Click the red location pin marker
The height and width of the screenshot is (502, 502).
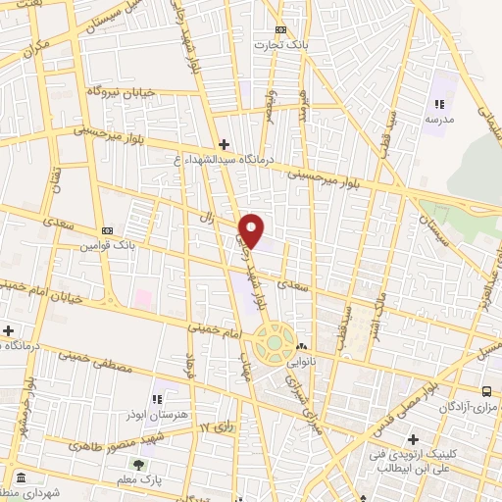pyautogui.click(x=252, y=229)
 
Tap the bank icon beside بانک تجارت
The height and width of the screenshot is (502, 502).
pyautogui.click(x=282, y=30)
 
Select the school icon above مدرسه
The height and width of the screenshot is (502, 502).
pyautogui.click(x=439, y=104)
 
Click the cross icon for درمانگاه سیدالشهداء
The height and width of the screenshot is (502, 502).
pyautogui.click(x=224, y=144)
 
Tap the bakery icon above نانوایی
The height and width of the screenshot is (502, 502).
pyautogui.click(x=303, y=346)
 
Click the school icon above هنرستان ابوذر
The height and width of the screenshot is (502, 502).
pyautogui.click(x=157, y=398)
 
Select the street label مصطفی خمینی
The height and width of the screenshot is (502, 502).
pyautogui.click(x=102, y=359)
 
